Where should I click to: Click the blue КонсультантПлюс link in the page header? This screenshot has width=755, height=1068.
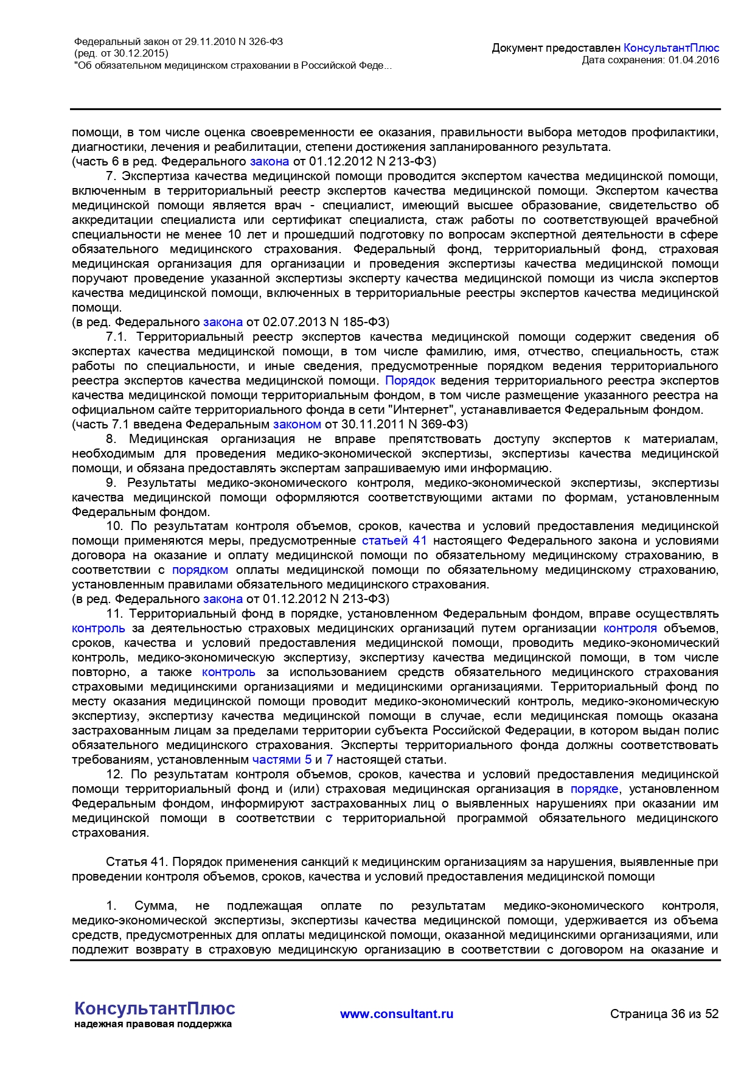click(671, 48)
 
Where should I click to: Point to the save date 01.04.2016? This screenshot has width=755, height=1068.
click(694, 60)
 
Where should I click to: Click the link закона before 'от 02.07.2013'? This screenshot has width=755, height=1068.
click(223, 322)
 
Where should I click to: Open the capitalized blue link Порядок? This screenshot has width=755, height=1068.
click(410, 380)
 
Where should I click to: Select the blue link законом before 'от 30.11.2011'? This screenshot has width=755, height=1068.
click(297, 424)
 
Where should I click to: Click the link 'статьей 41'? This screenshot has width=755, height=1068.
click(394, 540)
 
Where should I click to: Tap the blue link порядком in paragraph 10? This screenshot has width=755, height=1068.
click(200, 570)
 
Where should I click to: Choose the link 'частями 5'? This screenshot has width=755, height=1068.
click(282, 759)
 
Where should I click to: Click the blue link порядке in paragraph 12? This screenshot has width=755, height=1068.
click(594, 789)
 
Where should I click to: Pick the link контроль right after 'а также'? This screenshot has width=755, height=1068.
click(229, 672)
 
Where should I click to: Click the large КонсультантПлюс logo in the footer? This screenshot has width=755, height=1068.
click(155, 1008)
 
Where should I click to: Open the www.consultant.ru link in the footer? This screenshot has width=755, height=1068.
click(397, 1014)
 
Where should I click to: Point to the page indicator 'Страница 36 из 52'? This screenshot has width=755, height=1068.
click(664, 1014)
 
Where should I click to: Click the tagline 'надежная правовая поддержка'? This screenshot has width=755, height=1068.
click(153, 1024)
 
